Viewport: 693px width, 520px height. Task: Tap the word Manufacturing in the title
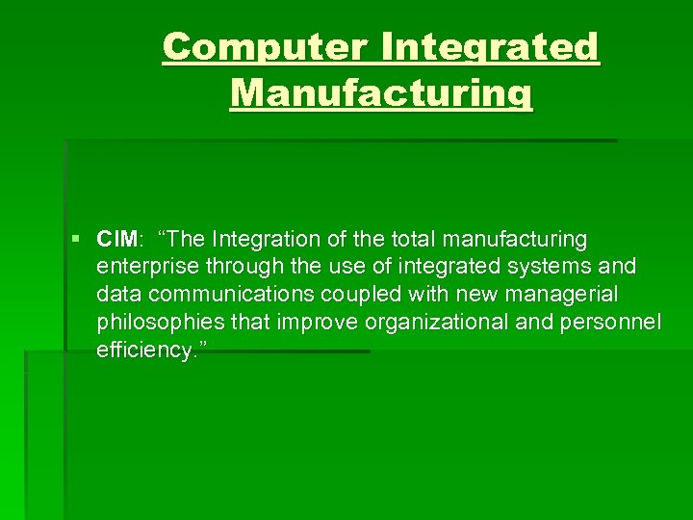tap(380, 93)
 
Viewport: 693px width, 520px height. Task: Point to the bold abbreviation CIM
tap(117, 238)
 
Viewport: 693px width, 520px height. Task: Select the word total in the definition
tap(410, 238)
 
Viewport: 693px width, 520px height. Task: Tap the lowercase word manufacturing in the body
tap(515, 238)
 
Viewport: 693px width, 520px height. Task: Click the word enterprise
tap(141, 266)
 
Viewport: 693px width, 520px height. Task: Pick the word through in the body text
tap(231, 266)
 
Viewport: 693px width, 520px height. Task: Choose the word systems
tap(557, 266)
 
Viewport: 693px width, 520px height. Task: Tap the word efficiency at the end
tap(140, 350)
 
